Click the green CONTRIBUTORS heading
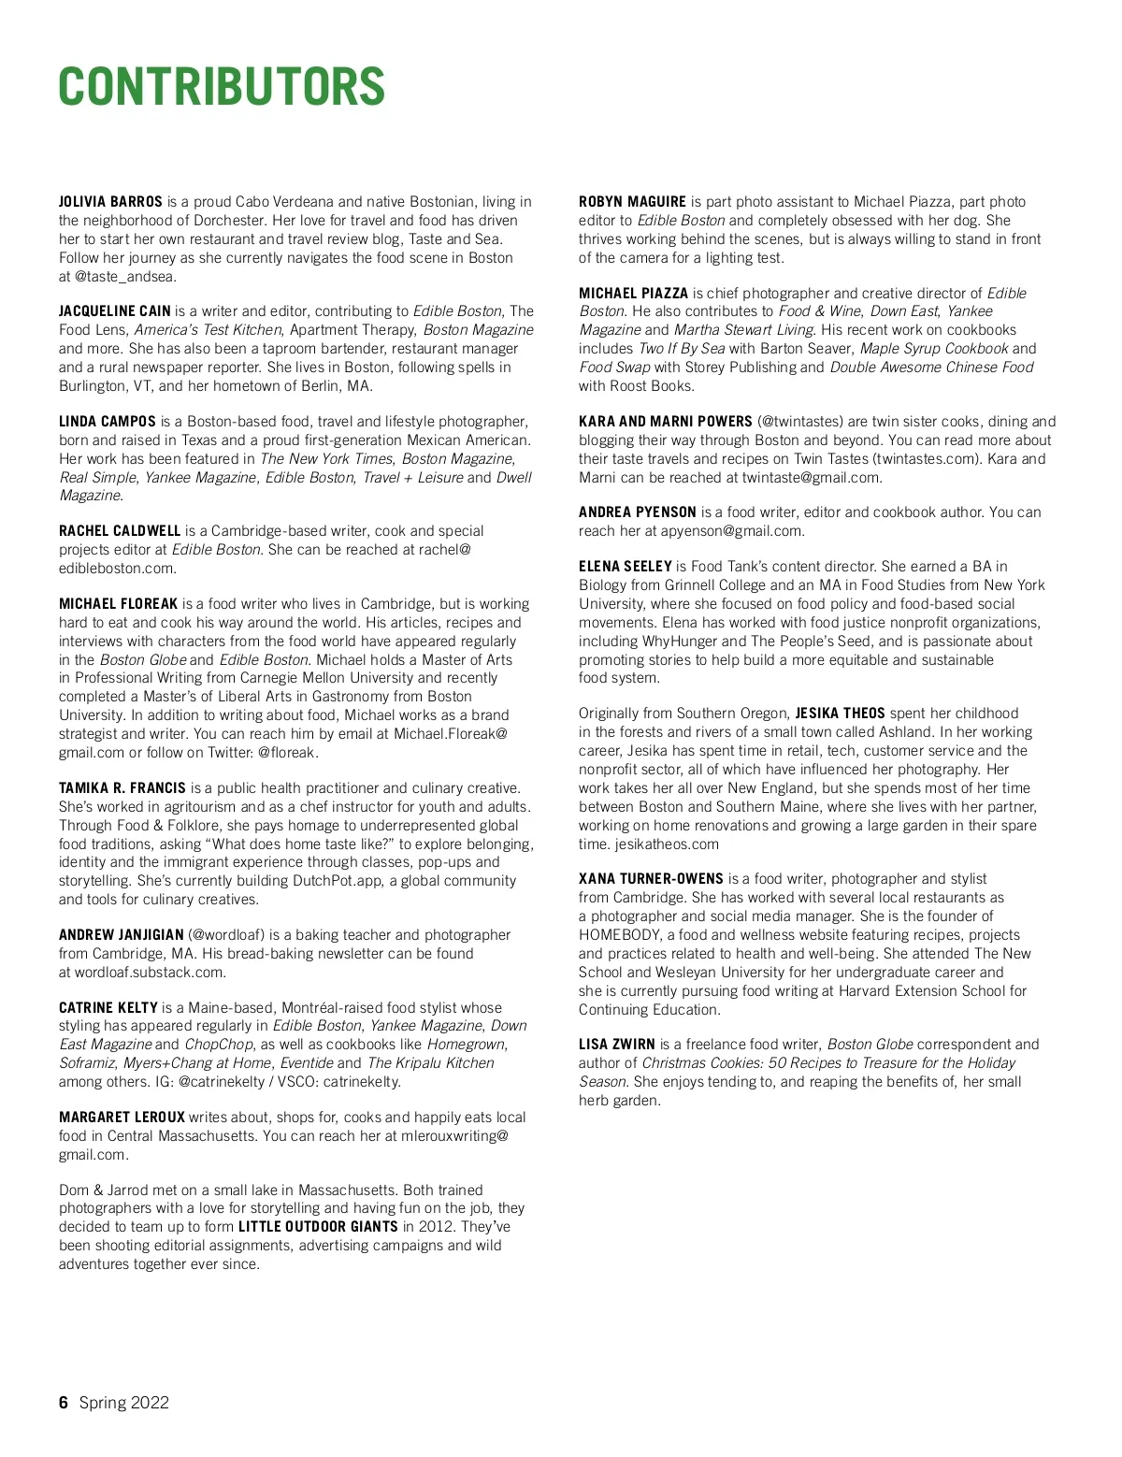click(222, 87)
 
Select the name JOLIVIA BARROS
click(110, 202)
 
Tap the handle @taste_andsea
click(125, 277)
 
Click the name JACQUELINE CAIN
click(114, 311)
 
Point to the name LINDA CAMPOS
click(107, 422)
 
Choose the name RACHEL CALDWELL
click(120, 531)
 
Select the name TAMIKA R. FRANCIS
click(122, 788)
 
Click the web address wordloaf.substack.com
click(150, 973)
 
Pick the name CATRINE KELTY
click(108, 1008)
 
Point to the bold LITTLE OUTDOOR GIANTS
click(318, 1227)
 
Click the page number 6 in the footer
click(64, 1402)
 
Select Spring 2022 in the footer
click(124, 1402)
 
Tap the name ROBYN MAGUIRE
click(632, 202)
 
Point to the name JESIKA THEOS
click(840, 714)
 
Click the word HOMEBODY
click(620, 935)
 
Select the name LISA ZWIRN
click(617, 1045)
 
